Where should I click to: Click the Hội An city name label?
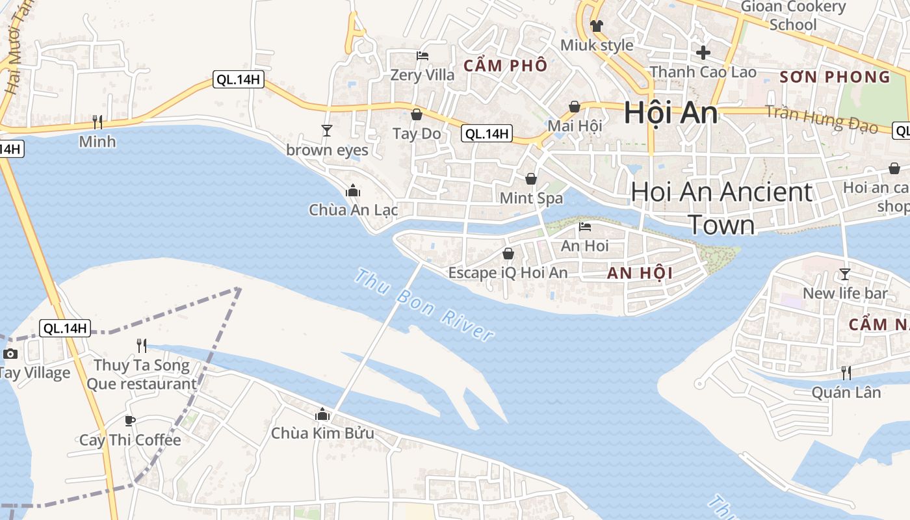pos(671,113)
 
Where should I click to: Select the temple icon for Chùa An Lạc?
pos(353,190)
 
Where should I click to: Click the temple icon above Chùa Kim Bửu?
pos(322,413)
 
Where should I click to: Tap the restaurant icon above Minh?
pos(97,122)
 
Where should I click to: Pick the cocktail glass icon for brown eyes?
pos(326,131)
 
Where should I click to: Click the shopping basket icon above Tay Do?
pos(417,114)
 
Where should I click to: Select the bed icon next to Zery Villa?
pos(422,56)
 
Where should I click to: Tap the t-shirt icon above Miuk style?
pos(597,26)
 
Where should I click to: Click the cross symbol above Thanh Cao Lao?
pos(703,53)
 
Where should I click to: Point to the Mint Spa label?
pos(531,198)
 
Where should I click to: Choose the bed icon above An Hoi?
pos(585,227)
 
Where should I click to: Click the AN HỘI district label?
pos(640,274)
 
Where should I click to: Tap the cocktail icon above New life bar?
pos(844,274)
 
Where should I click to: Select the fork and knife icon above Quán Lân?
pos(846,372)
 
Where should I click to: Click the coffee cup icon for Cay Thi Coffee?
pos(130,421)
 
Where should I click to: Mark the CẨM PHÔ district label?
pos(505,66)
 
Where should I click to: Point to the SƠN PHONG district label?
pos(835,77)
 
